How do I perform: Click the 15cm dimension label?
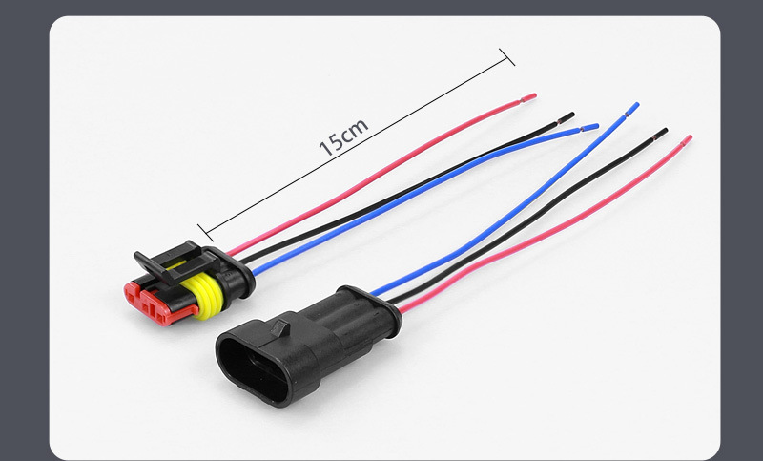click(x=343, y=137)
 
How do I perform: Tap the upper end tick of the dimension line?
click(x=506, y=57)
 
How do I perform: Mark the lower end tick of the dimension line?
click(x=205, y=233)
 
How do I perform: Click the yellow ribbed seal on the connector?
click(x=203, y=295)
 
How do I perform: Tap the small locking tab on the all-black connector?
click(x=280, y=328)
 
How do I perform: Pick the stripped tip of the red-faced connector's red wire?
click(x=528, y=98)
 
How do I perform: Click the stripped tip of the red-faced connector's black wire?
click(x=566, y=117)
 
